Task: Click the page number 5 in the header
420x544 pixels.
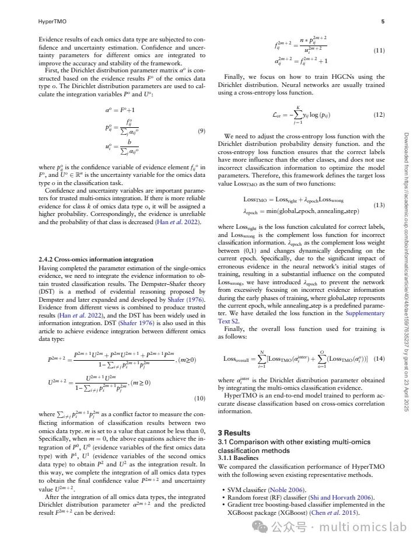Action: point(383,22)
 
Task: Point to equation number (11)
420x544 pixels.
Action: point(379,51)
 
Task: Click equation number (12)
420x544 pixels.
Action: point(379,115)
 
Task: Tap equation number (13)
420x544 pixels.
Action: point(379,205)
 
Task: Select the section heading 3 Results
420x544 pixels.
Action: point(234,433)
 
